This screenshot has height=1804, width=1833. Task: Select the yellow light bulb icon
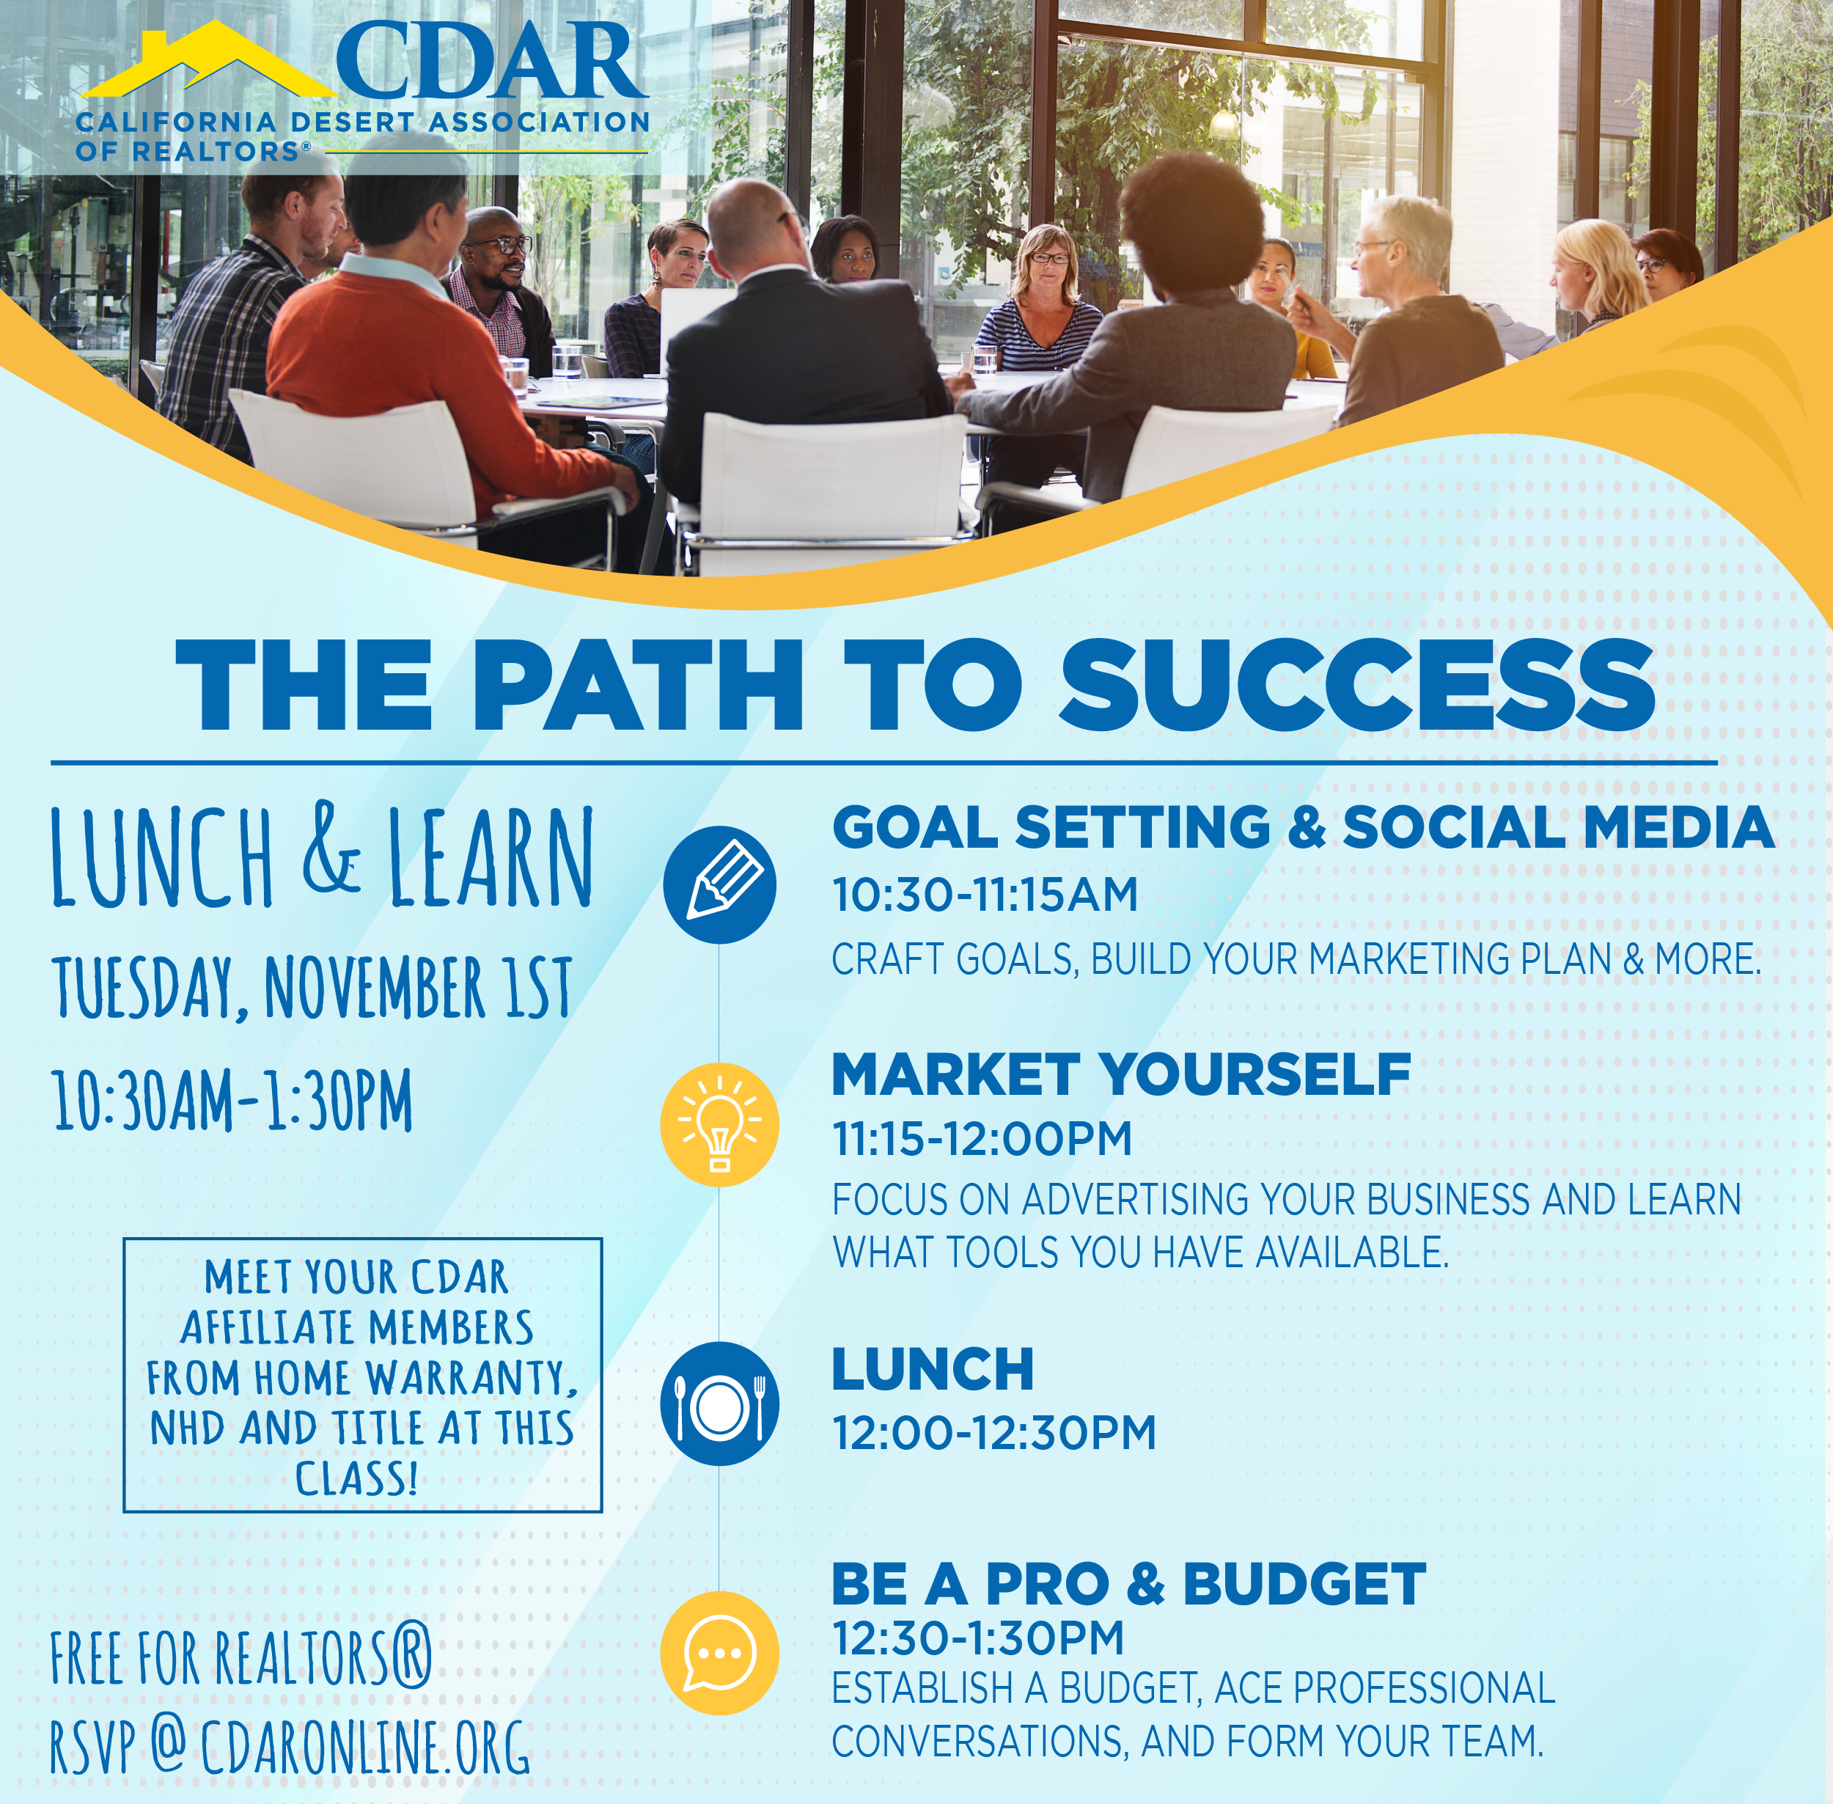(719, 1125)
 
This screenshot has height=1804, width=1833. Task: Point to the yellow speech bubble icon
(719, 1654)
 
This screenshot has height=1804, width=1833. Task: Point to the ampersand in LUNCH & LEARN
(331, 849)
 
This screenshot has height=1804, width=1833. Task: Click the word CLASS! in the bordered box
(357, 1479)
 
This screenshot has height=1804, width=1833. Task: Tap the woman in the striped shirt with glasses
(1040, 312)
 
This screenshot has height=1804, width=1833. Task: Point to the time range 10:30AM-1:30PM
(233, 1100)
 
